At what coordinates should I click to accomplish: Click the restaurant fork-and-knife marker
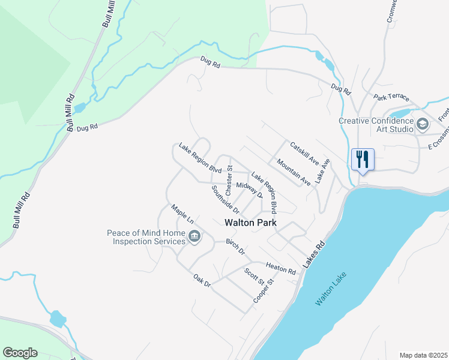pyautogui.click(x=362, y=160)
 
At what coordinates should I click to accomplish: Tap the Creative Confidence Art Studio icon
pyautogui.click(x=423, y=124)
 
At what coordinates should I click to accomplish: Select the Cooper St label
pyautogui.click(x=264, y=290)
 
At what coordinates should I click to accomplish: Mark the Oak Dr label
pyautogui.click(x=202, y=280)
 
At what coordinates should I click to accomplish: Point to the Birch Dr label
pyautogui.click(x=235, y=247)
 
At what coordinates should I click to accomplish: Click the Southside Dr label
pyautogui.click(x=225, y=199)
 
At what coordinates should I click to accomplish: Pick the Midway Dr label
pyautogui.click(x=250, y=190)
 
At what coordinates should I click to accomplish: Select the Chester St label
pyautogui.click(x=229, y=176)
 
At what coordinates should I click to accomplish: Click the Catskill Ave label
pyautogui.click(x=304, y=153)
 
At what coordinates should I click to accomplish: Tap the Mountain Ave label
pyautogui.click(x=294, y=171)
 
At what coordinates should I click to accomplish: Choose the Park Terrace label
pyautogui.click(x=391, y=97)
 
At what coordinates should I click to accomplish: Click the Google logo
pyautogui.click(x=20, y=353)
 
